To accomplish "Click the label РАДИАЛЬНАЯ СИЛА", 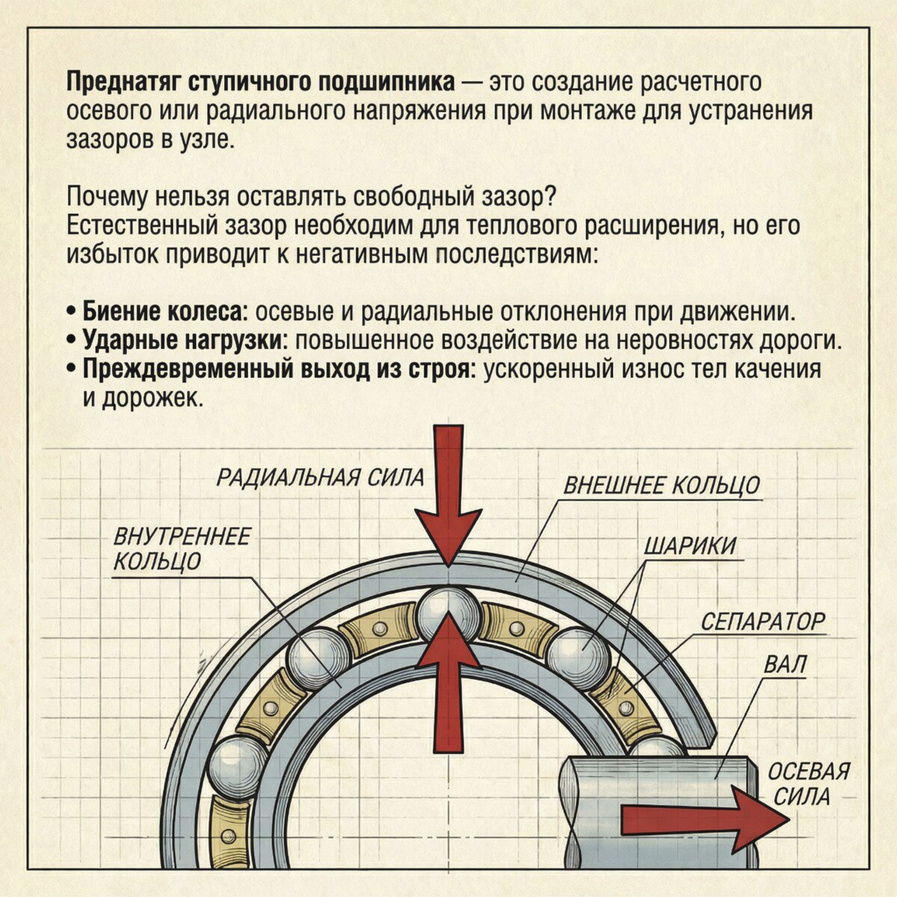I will click(x=320, y=477).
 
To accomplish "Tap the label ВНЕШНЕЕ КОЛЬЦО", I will click(x=661, y=486).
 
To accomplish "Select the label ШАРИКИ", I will click(x=689, y=546).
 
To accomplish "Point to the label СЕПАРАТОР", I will click(x=762, y=621).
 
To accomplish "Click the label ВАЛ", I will click(x=786, y=665).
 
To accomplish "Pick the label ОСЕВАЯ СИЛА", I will click(x=809, y=783).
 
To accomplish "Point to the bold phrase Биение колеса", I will click(x=164, y=310).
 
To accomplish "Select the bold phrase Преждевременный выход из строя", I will click(x=277, y=369).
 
